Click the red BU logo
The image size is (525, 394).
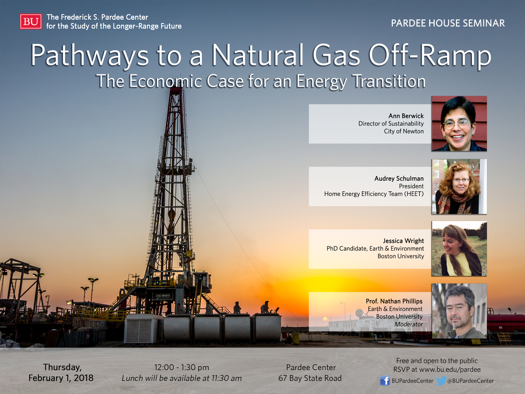point(31,21)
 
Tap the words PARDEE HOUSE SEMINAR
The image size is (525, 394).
point(448,23)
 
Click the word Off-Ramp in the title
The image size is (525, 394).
point(430,55)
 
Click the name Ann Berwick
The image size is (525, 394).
point(406,116)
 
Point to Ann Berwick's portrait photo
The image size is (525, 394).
point(459,123)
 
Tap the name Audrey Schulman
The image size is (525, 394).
point(399,179)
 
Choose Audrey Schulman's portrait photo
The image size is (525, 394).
point(459,186)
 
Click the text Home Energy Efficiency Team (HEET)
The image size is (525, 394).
point(374,194)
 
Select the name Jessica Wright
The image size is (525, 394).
point(403,241)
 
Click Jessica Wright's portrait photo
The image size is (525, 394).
point(459,248)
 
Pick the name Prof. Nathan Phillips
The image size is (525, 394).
point(394,301)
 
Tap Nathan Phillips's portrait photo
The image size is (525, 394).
point(459,311)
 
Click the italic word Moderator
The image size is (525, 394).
point(409,324)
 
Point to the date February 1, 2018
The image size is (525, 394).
point(61,378)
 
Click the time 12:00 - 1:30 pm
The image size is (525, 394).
point(182,367)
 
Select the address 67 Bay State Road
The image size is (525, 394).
point(310,378)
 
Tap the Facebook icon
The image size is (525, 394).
point(385,381)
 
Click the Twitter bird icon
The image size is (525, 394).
point(441,381)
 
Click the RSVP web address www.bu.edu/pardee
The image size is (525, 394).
point(450,370)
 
